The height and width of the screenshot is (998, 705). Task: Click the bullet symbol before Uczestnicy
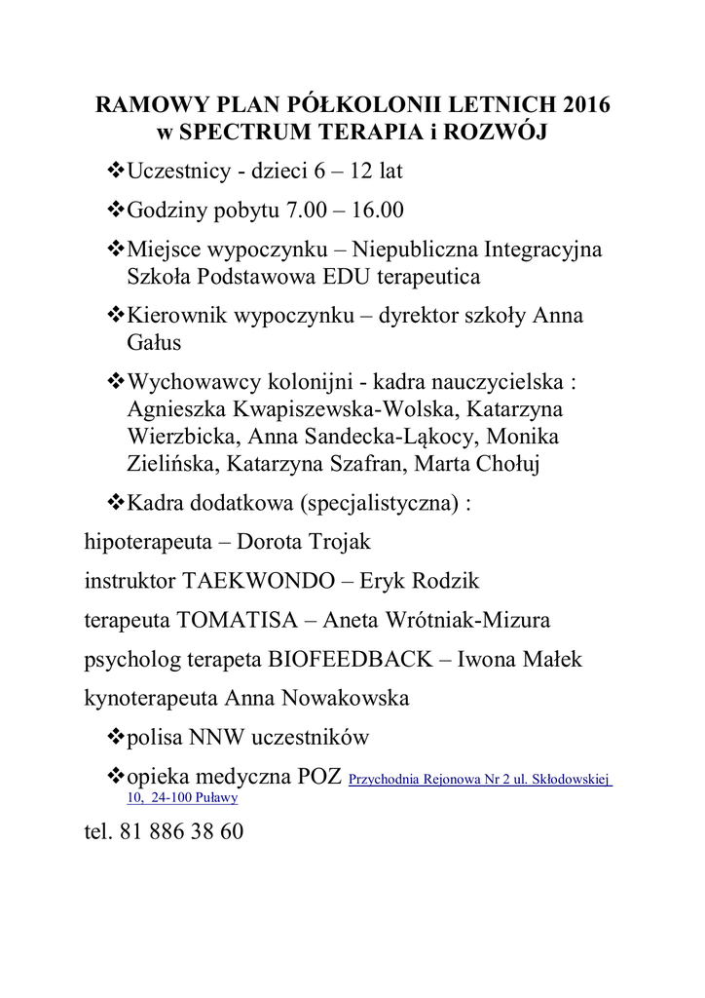pyautogui.click(x=115, y=172)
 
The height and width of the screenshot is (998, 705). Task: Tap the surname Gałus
pyautogui.click(x=155, y=343)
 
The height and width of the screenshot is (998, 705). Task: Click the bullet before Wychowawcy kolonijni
pyautogui.click(x=115, y=382)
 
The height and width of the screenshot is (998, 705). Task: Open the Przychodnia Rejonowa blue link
pyautogui.click(x=479, y=781)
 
